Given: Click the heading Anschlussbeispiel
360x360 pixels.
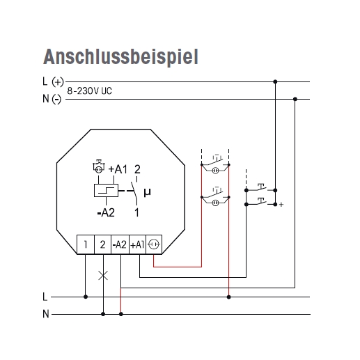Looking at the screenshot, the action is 120,57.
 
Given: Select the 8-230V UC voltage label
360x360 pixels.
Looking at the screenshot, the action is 89,91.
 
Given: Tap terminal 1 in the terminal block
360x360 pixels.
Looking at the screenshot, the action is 86,244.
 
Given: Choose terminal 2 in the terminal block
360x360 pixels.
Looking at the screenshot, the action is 102,244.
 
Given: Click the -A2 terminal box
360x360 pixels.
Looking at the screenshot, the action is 120,244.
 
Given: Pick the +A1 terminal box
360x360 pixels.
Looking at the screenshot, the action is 137,244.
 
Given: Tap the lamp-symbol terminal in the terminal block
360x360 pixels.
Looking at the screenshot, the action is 154,244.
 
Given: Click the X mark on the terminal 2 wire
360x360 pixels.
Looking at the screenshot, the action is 103,276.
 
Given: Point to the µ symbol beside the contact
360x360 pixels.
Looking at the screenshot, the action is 147,192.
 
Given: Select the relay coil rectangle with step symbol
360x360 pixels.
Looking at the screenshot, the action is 106,191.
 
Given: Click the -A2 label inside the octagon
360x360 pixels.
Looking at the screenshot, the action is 106,212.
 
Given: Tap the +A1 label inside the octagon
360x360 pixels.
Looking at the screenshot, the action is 118,169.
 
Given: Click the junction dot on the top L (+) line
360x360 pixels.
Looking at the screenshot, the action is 275,81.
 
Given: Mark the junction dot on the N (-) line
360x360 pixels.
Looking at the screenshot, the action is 295,99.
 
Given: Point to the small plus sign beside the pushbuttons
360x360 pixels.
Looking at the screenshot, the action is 281,205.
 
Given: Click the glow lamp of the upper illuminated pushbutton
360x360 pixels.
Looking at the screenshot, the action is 215,171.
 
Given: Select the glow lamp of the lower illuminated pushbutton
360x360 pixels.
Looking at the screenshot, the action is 215,203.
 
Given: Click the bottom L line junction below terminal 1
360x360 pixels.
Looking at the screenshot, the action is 86,297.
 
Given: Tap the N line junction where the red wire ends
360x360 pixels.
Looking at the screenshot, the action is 120,314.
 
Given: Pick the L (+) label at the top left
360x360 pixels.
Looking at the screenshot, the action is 53,82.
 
